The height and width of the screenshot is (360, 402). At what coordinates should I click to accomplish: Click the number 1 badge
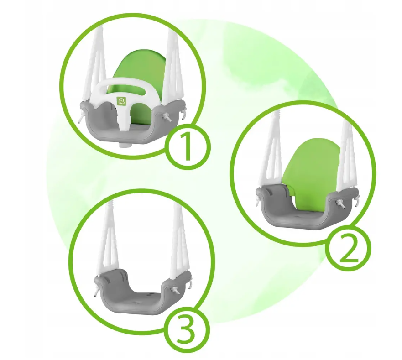[x=188, y=146]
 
